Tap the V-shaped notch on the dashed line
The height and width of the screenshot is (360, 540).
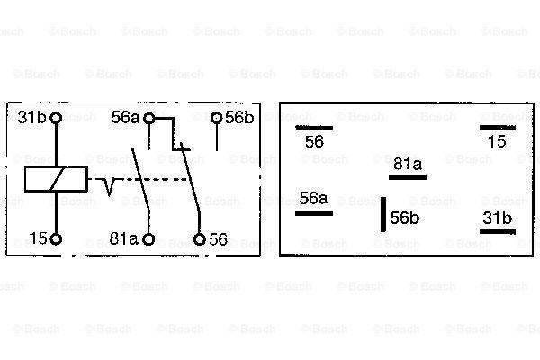tap(109, 187)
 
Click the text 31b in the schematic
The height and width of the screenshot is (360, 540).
tap(31, 118)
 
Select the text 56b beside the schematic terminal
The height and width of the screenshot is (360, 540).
tap(239, 118)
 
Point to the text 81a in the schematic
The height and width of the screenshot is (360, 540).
tap(123, 238)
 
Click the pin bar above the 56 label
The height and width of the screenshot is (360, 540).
tap(314, 128)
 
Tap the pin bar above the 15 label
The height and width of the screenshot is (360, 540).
tap(498, 128)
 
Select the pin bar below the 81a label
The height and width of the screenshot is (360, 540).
tap(408, 177)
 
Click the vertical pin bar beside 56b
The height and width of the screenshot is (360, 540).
tap(383, 214)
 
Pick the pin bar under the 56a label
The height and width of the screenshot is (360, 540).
tap(314, 214)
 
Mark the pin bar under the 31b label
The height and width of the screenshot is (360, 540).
tap(498, 231)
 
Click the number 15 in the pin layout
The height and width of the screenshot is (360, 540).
tap(497, 141)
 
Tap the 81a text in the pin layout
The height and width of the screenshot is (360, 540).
tap(408, 164)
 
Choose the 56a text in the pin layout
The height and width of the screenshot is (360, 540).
tap(313, 198)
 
